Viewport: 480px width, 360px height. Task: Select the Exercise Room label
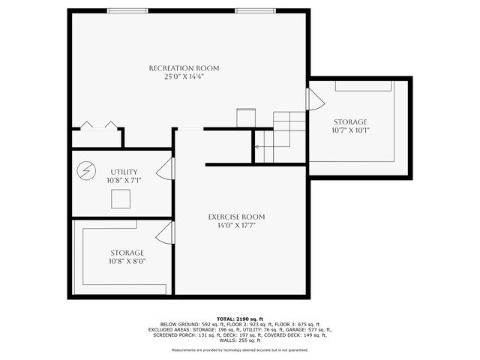[236, 217]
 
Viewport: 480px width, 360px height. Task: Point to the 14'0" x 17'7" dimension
[236, 225]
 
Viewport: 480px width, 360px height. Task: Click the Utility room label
[124, 172]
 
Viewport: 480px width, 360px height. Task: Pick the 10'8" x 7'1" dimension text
[124, 180]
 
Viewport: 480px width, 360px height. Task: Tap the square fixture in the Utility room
[120, 199]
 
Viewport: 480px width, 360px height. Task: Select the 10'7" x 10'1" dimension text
[350, 130]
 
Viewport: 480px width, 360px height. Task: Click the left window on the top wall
[127, 10]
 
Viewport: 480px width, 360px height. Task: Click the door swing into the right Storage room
[314, 99]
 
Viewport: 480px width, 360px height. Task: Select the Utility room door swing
[166, 169]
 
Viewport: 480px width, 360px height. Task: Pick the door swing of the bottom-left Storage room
[166, 232]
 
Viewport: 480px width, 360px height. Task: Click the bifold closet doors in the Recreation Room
[100, 126]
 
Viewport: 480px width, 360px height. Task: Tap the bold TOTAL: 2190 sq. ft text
[240, 319]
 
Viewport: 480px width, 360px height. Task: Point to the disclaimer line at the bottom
[240, 349]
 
